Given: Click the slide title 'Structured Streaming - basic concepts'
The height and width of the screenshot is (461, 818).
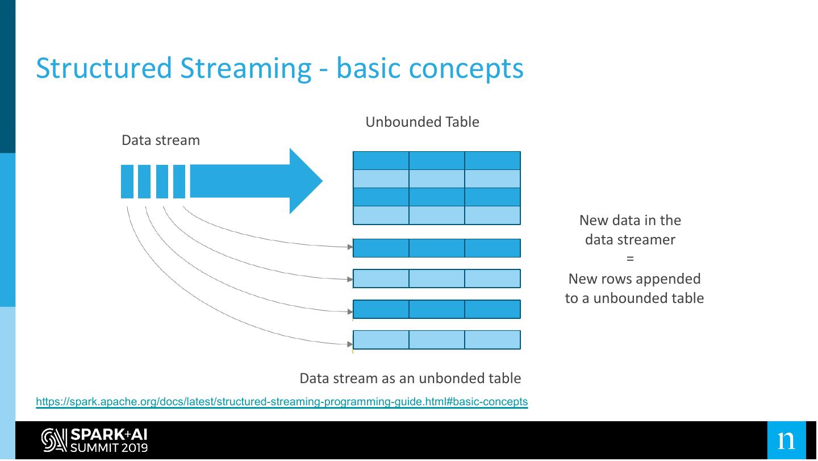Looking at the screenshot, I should click(279, 68).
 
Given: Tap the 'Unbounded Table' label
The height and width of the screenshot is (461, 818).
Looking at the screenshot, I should click(422, 122).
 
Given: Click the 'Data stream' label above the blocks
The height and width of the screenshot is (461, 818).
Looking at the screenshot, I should click(161, 140).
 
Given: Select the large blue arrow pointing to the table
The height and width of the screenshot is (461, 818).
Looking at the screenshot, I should click(256, 181).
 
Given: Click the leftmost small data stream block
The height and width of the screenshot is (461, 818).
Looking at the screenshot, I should click(127, 181).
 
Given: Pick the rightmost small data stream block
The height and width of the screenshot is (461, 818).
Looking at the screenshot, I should click(180, 181).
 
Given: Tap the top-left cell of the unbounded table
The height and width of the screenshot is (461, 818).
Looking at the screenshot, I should click(381, 161).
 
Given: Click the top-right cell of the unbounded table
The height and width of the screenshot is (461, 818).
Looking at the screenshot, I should click(493, 161).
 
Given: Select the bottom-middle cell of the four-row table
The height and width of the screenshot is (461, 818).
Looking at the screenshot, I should click(437, 215).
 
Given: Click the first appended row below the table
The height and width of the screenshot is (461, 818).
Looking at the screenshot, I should click(437, 248).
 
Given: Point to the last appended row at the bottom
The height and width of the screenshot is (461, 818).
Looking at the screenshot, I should click(437, 340).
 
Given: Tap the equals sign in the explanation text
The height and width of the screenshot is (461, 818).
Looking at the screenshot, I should click(630, 259).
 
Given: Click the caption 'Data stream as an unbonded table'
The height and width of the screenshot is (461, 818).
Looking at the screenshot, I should click(410, 379).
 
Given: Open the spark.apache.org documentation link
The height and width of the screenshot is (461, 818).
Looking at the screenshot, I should click(282, 402).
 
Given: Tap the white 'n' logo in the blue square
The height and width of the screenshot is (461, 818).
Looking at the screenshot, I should click(786, 441).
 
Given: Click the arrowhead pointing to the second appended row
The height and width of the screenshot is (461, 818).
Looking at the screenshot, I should click(350, 279).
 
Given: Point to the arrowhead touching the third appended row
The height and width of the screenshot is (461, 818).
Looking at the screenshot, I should click(350, 312).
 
